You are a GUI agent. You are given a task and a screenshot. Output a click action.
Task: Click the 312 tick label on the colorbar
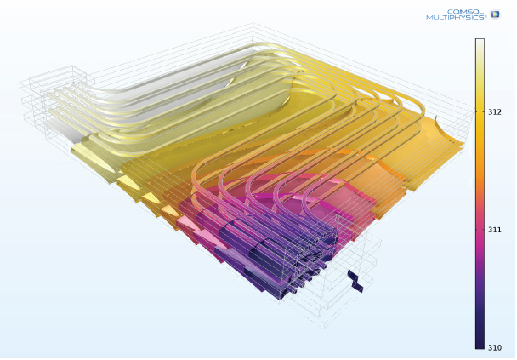493,111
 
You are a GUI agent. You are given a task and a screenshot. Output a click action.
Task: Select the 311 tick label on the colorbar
493,229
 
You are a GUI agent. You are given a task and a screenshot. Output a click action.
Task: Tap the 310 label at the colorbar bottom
493,347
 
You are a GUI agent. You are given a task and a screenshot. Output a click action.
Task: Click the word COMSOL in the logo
467,11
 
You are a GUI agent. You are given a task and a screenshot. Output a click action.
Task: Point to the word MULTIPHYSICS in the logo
456,18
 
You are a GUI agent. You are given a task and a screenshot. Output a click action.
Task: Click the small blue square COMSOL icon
495,14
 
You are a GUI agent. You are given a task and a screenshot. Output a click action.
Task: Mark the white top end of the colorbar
480,44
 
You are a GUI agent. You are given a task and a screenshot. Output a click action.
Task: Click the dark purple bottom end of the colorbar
480,342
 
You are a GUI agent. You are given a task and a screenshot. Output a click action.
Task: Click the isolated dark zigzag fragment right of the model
355,281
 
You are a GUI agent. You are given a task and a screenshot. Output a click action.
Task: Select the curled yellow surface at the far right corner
451,136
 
